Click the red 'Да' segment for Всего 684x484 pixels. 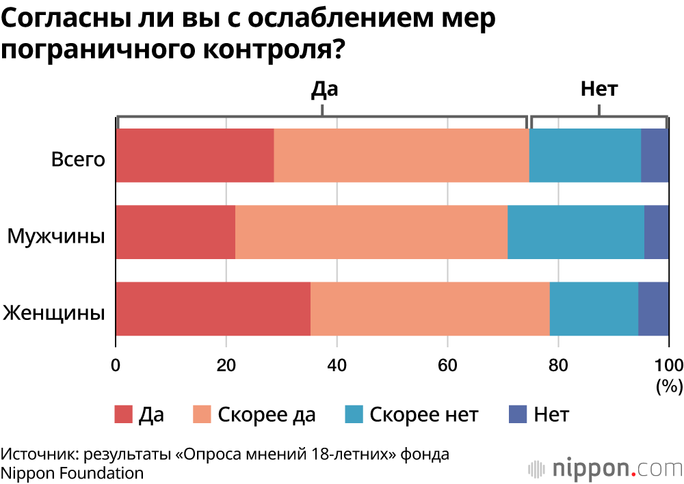(x=195, y=155)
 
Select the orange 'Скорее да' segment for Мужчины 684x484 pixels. (x=371, y=232)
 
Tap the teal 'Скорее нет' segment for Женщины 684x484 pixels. (x=594, y=308)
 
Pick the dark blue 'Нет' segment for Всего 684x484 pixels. (x=655, y=155)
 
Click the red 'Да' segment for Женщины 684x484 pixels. (x=213, y=308)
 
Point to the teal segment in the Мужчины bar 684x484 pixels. (x=576, y=232)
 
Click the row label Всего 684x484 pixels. (x=78, y=160)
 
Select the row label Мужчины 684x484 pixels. (x=56, y=237)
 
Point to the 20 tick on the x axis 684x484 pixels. (x=226, y=363)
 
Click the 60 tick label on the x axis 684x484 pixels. (x=447, y=363)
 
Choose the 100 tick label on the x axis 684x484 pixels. (x=669, y=363)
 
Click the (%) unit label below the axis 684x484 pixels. (x=669, y=386)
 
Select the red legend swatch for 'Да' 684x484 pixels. (x=122, y=414)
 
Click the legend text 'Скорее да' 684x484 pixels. (x=267, y=415)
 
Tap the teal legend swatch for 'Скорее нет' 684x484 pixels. (x=354, y=414)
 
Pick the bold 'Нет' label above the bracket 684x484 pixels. (x=598, y=89)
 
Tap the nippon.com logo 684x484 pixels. (x=605, y=468)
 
